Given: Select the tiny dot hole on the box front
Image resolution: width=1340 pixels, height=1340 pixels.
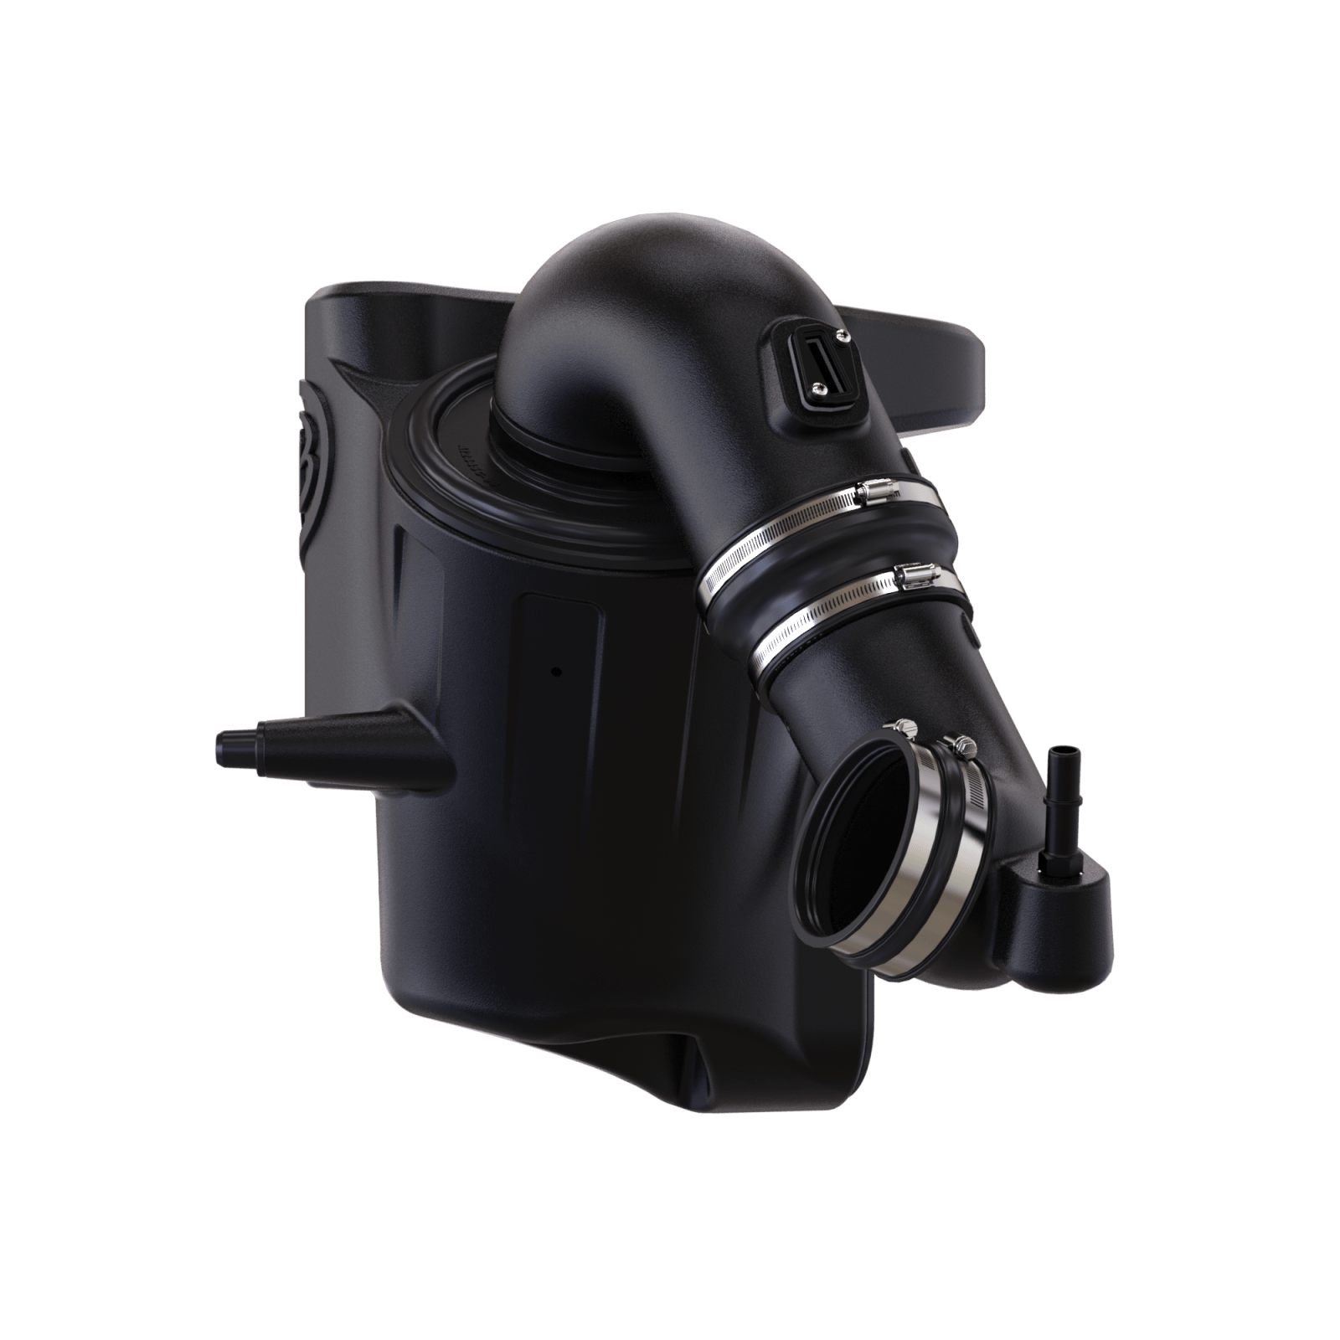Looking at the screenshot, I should click(554, 671).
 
